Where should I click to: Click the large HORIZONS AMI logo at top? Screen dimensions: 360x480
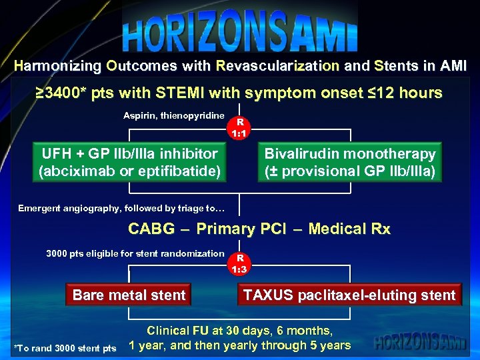click(x=240, y=33)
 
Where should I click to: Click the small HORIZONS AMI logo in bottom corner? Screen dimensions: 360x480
click(x=421, y=343)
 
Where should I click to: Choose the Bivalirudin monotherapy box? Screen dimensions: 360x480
click(x=350, y=162)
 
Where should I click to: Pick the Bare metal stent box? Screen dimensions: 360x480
click(x=129, y=295)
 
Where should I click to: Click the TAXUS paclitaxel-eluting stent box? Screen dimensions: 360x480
click(x=349, y=295)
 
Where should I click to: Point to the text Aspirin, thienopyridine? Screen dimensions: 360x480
click(x=173, y=116)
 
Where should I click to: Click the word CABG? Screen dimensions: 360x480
click(x=152, y=229)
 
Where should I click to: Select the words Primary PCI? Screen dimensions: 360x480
click(x=239, y=229)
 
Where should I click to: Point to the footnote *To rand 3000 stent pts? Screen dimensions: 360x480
click(x=65, y=348)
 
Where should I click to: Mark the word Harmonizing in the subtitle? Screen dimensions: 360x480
click(x=57, y=66)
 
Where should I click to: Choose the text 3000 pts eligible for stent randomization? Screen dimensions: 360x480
click(x=135, y=253)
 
